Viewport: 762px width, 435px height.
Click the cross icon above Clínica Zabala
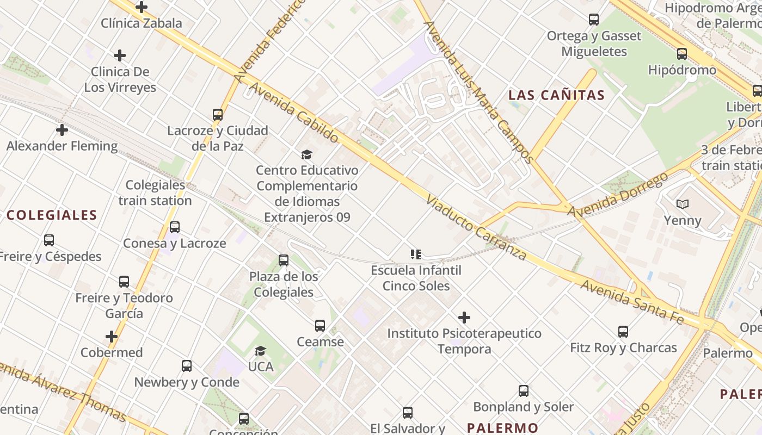point(142,7)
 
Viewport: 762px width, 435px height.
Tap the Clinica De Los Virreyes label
point(120,79)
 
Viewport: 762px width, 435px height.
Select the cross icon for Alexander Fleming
point(62,130)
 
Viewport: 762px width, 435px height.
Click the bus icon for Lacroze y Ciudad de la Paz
point(218,115)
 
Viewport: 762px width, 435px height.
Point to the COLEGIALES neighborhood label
point(52,215)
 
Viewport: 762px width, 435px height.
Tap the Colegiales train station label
point(155,193)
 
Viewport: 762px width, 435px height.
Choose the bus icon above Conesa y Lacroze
point(175,227)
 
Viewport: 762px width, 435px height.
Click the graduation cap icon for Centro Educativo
point(307,155)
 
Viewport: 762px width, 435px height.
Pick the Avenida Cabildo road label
point(294,113)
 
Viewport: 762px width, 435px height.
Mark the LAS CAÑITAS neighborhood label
point(556,95)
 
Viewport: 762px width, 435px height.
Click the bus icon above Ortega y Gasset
point(594,20)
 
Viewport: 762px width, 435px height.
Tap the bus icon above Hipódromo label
point(682,54)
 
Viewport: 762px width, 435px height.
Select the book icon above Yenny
point(682,204)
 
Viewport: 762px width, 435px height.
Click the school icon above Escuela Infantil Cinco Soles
point(416,254)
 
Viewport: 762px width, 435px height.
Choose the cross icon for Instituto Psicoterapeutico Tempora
point(464,318)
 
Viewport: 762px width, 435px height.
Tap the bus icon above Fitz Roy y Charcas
point(623,331)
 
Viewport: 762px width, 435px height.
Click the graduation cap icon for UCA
point(261,351)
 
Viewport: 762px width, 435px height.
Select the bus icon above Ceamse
point(320,326)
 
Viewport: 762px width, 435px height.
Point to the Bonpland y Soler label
point(523,407)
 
